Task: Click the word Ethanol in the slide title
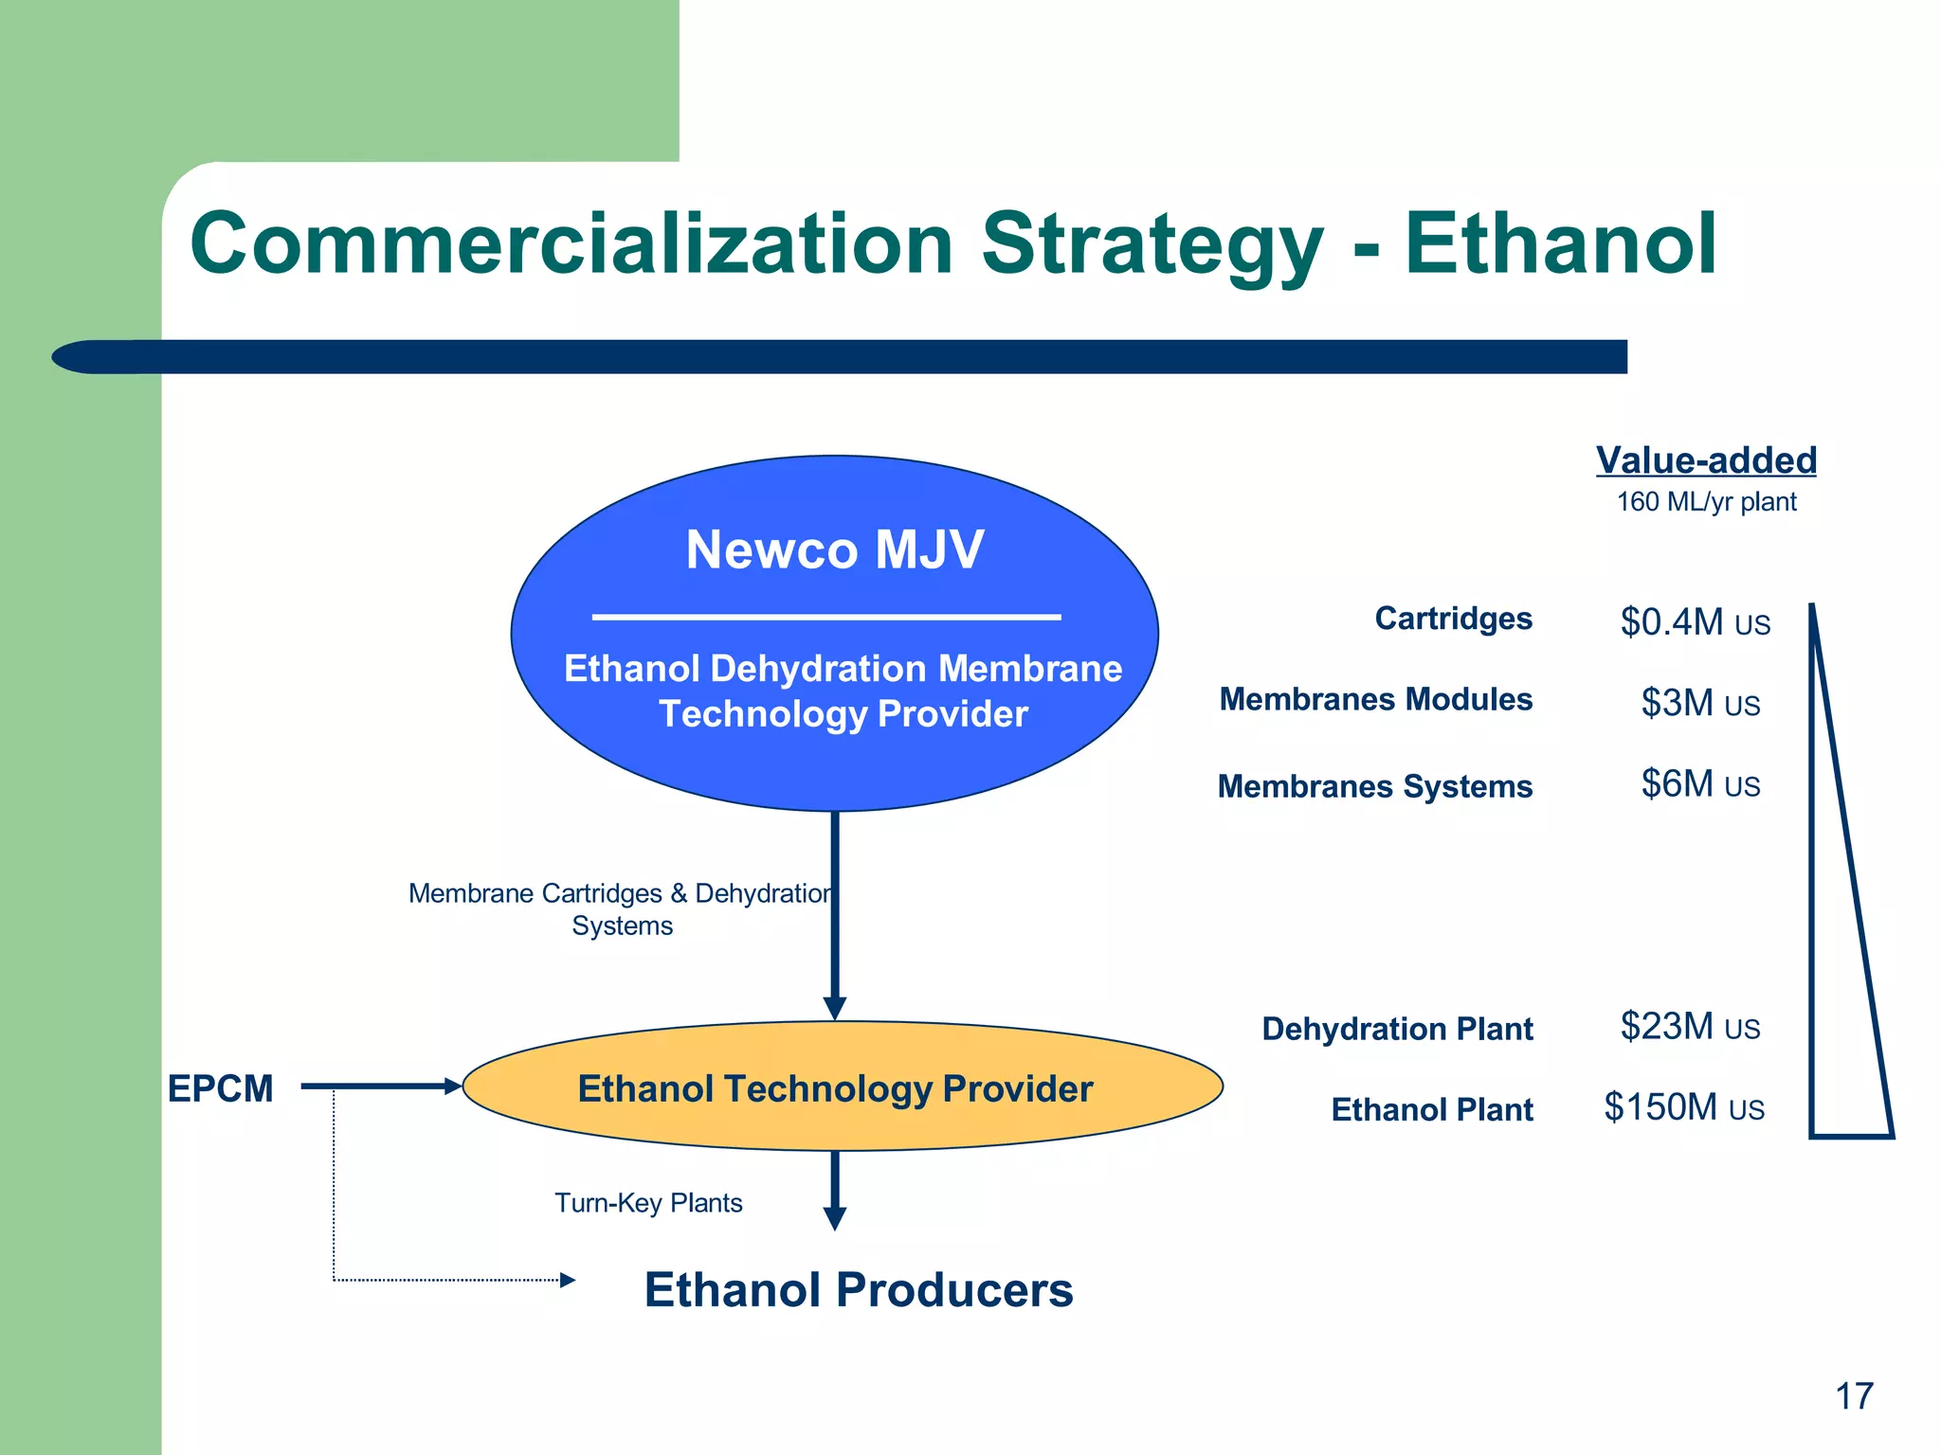pos(1560,243)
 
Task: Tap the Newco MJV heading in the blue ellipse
pos(834,549)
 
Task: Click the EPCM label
pos(220,1088)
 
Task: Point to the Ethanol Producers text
pos(858,1290)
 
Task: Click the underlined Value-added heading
pos(1706,460)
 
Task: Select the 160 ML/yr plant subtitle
pos(1706,502)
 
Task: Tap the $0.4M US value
pos(1695,622)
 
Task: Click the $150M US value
pos(1683,1107)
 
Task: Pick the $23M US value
pos(1690,1027)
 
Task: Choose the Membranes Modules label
pos(1375,699)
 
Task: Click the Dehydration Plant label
pos(1397,1029)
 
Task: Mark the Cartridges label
pos(1453,619)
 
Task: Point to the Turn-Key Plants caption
pos(648,1203)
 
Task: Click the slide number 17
pos(1854,1396)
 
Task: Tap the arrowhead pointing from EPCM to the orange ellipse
pos(452,1087)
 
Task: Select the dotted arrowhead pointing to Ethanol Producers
pos(567,1281)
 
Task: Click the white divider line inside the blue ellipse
pos(826,617)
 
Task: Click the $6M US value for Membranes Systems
pos(1700,784)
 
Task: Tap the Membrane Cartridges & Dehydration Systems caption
pos(621,908)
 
